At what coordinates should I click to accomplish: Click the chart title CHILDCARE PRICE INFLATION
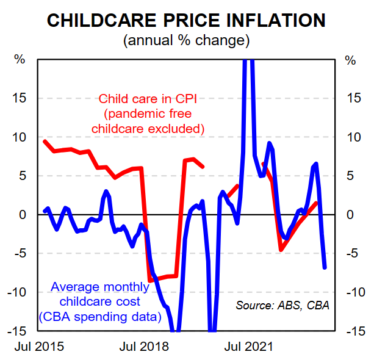click(x=186, y=20)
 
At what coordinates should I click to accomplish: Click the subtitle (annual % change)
click(x=186, y=41)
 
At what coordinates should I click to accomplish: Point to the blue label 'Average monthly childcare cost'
click(x=99, y=293)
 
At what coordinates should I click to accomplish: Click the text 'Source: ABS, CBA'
click(x=282, y=304)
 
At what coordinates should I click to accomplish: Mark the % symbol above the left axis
click(x=20, y=60)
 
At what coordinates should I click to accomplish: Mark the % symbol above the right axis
click(x=350, y=60)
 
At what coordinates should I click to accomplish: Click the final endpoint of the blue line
click(x=325, y=267)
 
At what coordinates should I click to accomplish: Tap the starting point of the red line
click(x=45, y=142)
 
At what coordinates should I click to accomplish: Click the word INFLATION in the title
click(x=273, y=20)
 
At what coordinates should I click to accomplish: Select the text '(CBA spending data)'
click(x=99, y=316)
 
